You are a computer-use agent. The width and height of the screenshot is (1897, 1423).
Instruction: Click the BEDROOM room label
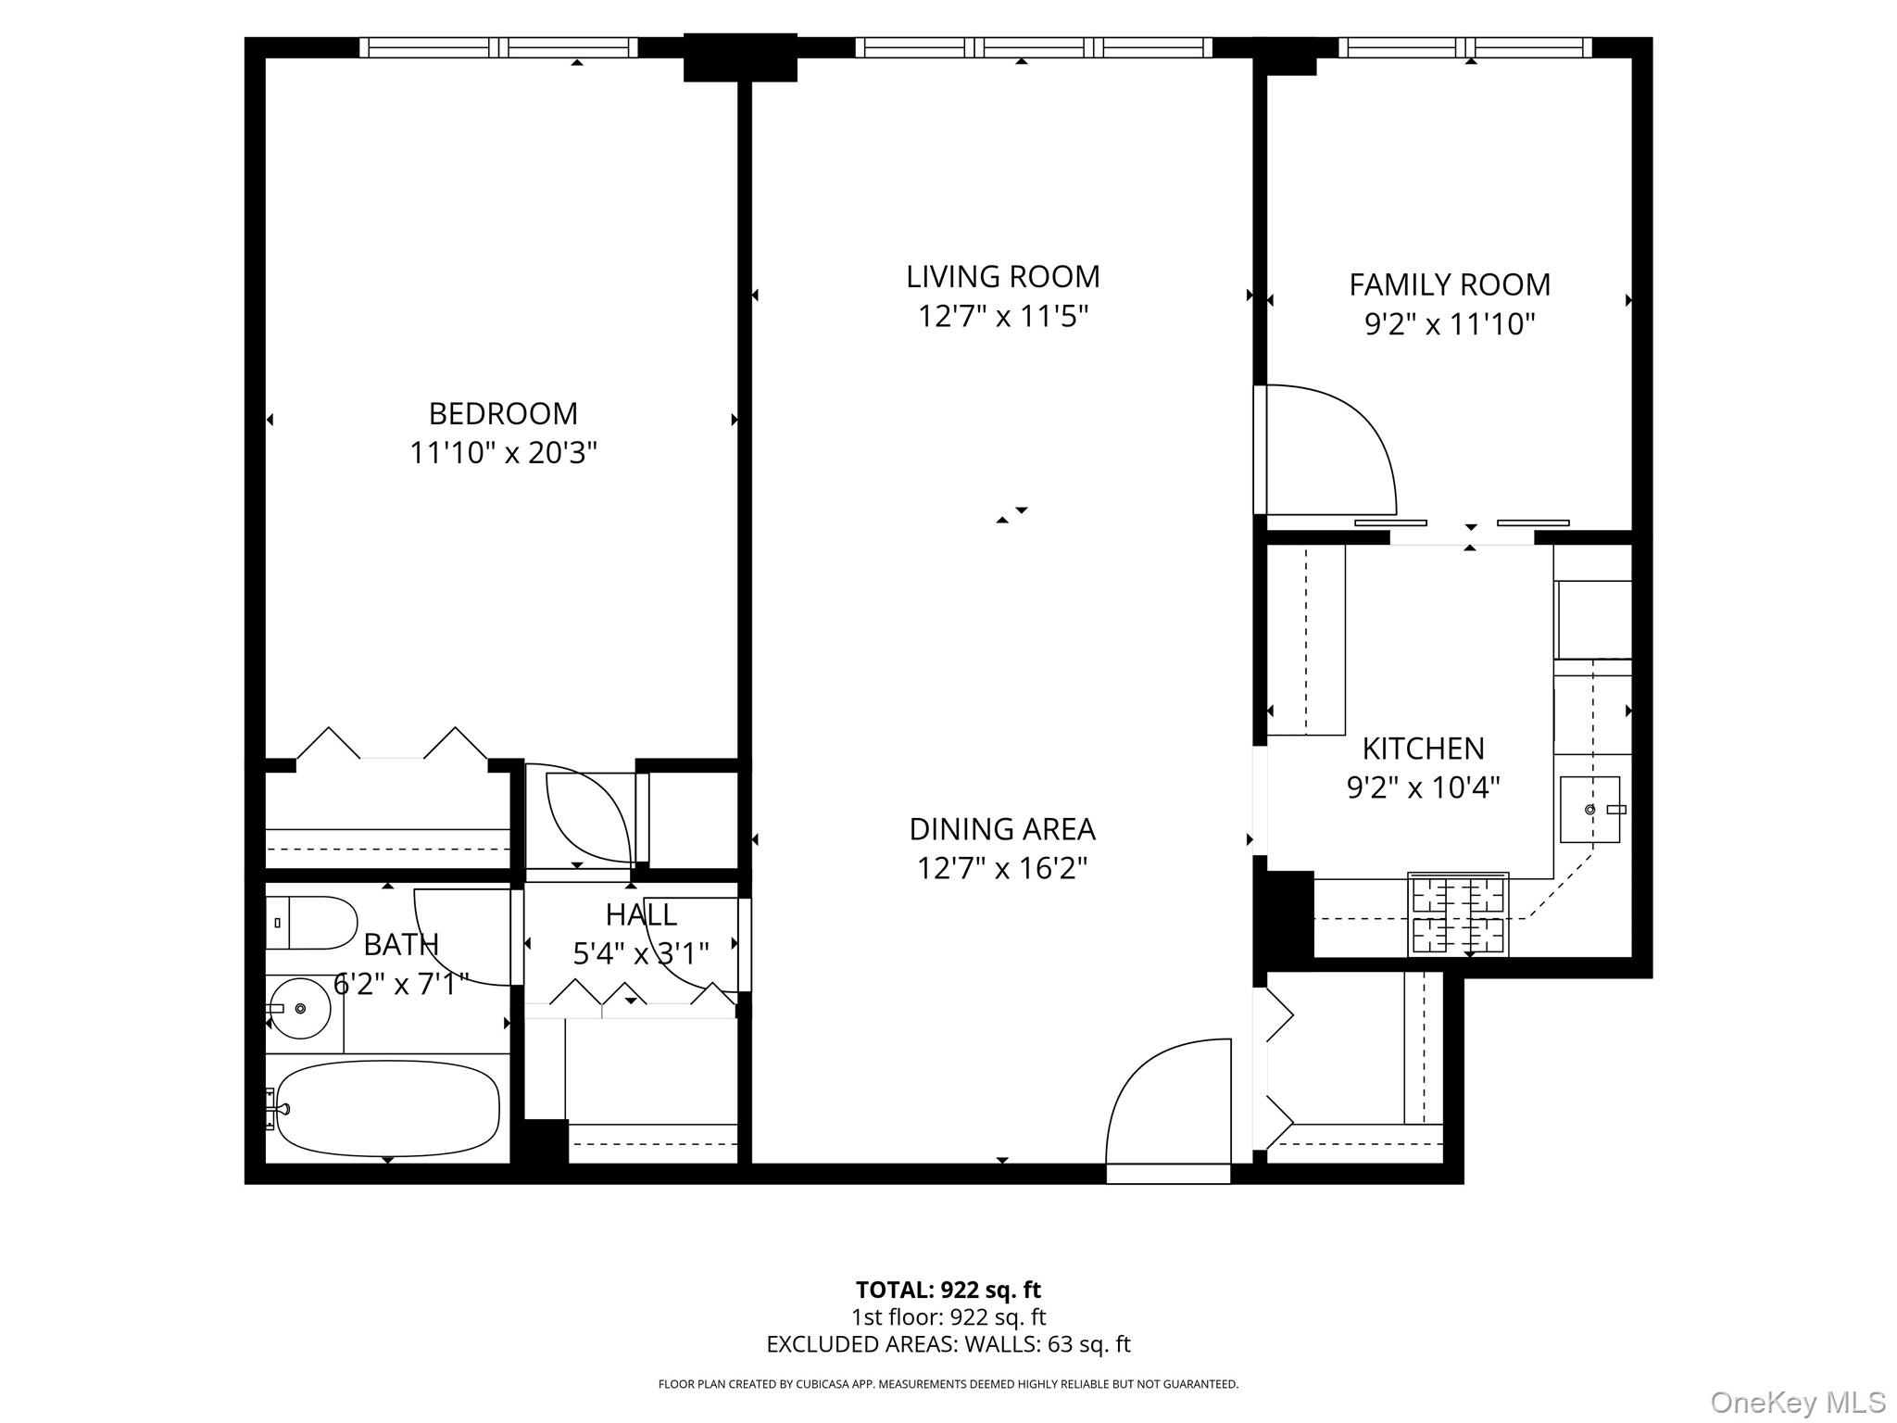503,413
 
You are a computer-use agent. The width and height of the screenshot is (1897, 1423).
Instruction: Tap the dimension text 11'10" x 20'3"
503,453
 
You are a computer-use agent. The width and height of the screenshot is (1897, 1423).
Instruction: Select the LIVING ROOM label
1002,277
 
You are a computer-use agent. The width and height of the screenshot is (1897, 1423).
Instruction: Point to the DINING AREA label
1002,829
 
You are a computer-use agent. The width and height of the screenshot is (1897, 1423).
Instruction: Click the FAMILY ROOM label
1449,284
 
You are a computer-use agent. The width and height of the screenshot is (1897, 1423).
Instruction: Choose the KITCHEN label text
1423,748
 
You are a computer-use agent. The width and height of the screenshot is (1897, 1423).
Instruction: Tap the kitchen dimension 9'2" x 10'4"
1423,787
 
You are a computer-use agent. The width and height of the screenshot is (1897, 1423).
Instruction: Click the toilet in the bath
311,923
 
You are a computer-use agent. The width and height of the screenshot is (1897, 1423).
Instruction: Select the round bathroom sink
300,1008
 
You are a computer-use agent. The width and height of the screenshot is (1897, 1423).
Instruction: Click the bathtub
387,1109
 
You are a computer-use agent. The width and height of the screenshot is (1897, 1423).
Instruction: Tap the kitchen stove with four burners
1458,914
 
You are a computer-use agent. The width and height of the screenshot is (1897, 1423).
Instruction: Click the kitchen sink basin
1589,810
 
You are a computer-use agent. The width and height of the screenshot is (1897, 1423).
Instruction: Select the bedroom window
498,47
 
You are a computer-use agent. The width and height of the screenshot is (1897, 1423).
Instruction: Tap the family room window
1464,47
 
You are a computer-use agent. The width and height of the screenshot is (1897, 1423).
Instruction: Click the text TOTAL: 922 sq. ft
948,1290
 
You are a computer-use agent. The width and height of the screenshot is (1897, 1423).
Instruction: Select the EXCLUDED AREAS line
948,1344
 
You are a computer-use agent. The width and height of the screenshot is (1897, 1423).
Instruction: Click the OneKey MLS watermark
1797,1402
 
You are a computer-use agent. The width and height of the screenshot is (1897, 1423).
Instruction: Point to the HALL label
641,915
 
